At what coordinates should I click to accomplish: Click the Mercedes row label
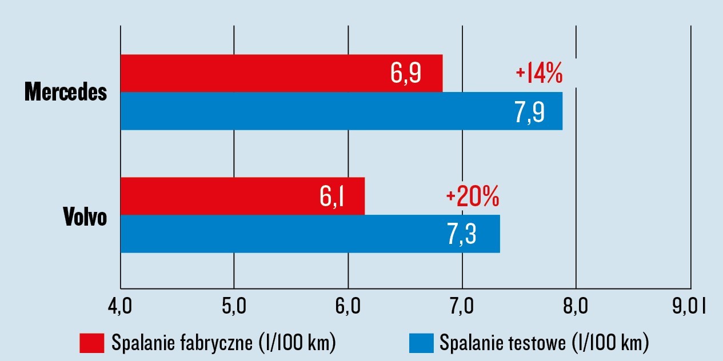(x=66, y=93)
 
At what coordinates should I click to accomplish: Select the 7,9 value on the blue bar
(x=529, y=112)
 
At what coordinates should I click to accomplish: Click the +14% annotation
(x=539, y=74)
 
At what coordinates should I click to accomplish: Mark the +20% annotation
(x=473, y=197)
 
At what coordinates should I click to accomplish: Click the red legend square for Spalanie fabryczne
(x=91, y=343)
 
